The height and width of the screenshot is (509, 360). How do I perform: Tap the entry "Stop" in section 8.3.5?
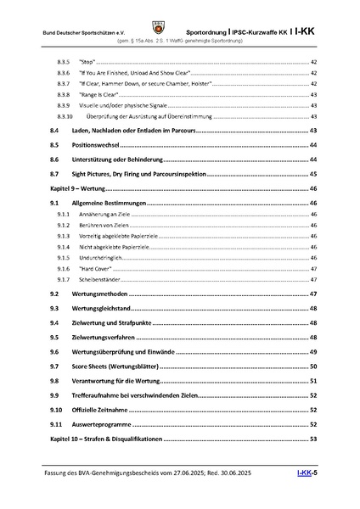point(85,64)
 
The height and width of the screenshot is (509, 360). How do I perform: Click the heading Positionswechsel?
point(92,146)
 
